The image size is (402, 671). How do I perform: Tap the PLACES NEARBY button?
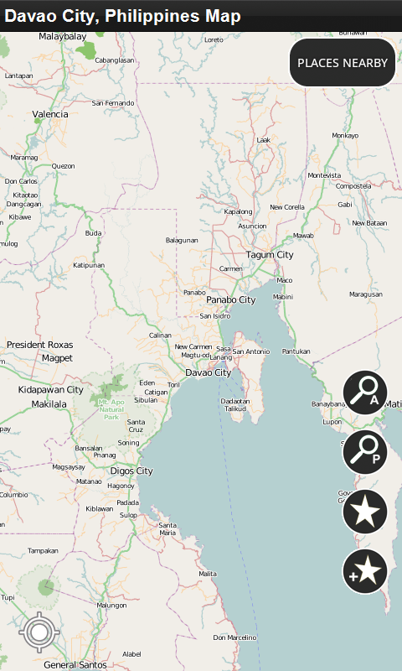[342, 63]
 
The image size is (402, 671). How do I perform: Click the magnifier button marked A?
[365, 392]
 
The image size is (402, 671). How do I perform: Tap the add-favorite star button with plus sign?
[365, 572]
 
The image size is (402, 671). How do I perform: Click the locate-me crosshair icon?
[38, 632]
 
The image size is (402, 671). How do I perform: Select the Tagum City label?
[270, 255]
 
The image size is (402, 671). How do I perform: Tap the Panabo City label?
[230, 299]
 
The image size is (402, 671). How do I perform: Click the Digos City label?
[132, 471]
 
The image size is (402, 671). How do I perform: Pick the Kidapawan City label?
[51, 390]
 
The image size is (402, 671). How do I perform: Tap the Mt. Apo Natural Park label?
[111, 410]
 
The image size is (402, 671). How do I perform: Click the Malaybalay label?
[63, 37]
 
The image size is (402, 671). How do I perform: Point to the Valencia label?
[50, 114]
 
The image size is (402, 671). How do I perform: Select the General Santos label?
[75, 664]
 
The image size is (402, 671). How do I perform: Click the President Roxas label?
[40, 345]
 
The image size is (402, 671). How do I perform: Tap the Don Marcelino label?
[234, 637]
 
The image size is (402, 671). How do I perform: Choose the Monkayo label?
[345, 135]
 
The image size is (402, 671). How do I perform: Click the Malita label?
[208, 574]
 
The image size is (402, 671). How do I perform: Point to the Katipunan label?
[90, 265]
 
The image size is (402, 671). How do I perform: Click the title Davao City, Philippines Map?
[123, 16]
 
